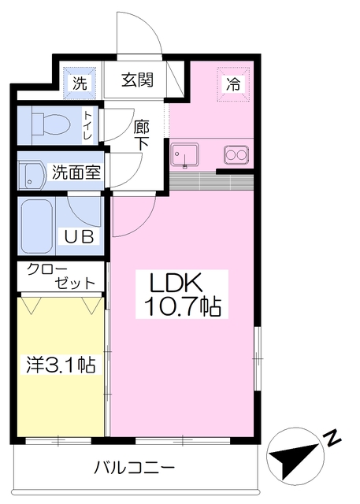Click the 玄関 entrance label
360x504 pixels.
click(137, 80)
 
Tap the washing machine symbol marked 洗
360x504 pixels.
click(80, 83)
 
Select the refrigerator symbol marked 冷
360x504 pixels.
click(233, 84)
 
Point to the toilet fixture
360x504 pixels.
click(50, 124)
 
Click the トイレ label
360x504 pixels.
click(87, 125)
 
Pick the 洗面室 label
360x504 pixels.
click(76, 172)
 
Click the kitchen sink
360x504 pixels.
click(184, 155)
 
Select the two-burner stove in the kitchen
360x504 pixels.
click(236, 154)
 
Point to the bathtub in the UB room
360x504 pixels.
click(37, 226)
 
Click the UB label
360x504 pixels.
click(80, 237)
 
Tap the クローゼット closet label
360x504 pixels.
click(61, 276)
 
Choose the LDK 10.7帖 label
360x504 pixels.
click(182, 295)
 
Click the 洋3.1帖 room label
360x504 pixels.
click(61, 365)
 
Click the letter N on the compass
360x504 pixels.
click(332, 437)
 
